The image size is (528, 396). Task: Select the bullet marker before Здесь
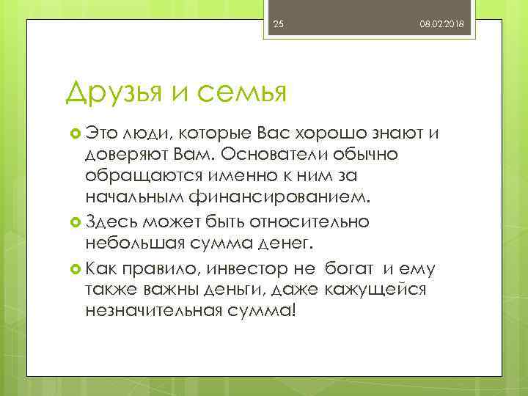point(74,221)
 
